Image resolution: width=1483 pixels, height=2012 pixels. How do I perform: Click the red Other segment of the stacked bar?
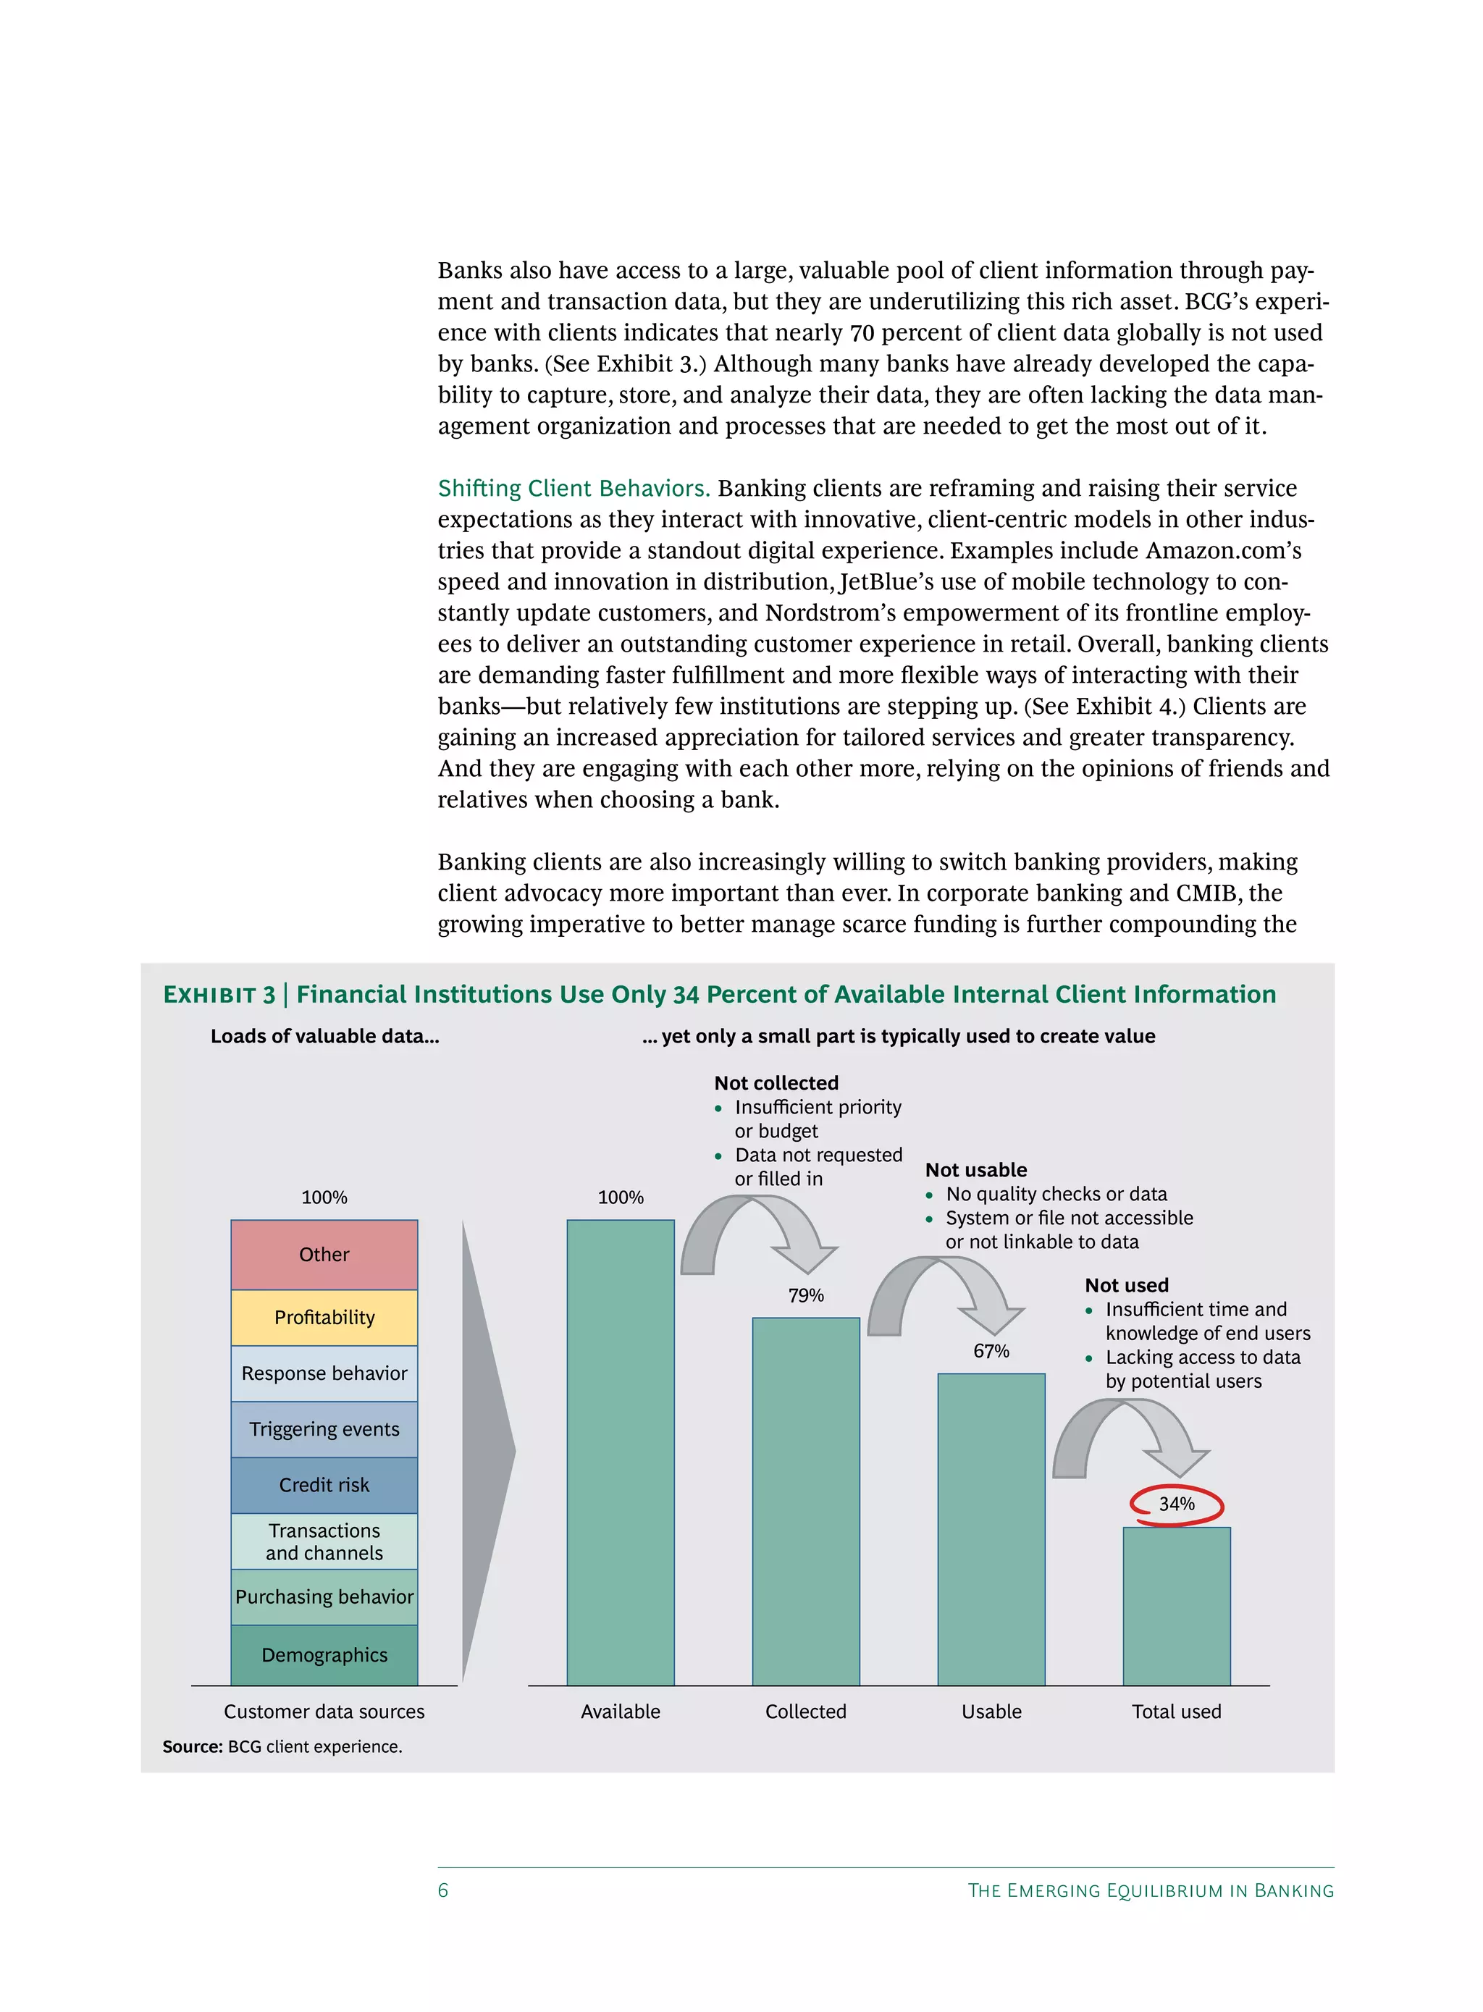click(324, 1254)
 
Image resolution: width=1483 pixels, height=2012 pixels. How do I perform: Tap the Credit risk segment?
click(324, 1484)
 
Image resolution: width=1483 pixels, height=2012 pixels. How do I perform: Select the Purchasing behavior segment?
click(324, 1596)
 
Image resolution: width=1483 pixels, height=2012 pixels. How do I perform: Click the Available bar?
click(621, 1454)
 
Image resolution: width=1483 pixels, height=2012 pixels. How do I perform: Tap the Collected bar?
click(805, 1503)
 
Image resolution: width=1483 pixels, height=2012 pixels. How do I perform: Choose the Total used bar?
click(1176, 1607)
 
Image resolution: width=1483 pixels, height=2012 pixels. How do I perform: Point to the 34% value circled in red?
click(1176, 1504)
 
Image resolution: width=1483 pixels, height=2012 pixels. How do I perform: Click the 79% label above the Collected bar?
click(805, 1295)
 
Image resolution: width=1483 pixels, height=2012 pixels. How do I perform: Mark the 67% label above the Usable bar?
click(991, 1350)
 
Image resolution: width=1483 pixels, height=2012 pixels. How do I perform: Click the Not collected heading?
click(776, 1083)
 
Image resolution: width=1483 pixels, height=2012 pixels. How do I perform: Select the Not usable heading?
click(976, 1170)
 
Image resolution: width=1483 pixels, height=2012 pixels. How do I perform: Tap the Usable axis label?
click(991, 1712)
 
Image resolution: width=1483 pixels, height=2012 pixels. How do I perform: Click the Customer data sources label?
click(324, 1712)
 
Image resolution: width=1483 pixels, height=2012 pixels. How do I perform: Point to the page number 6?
click(442, 1890)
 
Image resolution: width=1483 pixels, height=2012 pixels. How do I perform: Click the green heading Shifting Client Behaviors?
click(574, 488)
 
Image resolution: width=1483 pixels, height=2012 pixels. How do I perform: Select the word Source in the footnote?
click(191, 1746)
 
